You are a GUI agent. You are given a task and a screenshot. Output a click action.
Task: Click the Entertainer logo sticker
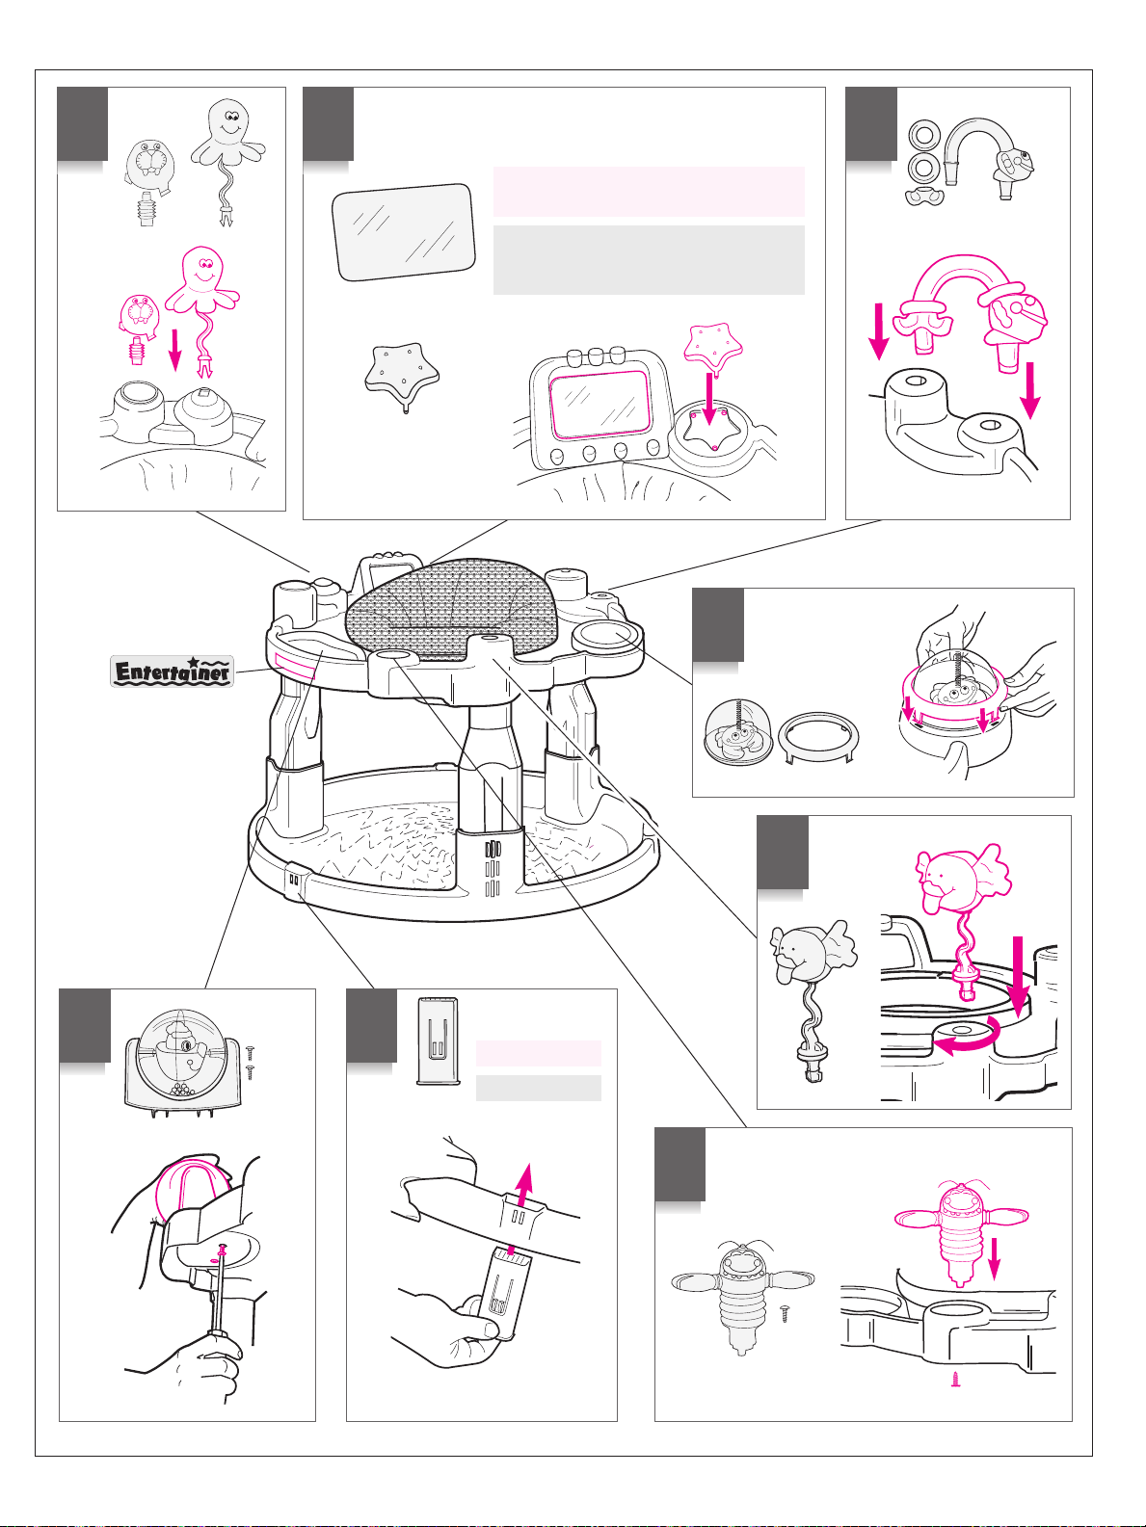click(x=172, y=671)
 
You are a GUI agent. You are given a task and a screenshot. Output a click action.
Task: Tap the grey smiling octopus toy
click(x=227, y=162)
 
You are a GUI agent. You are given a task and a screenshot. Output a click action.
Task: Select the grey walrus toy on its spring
click(x=147, y=182)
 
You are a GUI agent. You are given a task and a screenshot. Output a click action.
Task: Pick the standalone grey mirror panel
click(x=404, y=232)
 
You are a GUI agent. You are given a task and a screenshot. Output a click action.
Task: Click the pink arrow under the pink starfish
click(x=709, y=399)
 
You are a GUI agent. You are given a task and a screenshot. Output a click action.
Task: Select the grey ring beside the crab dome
click(x=818, y=739)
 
